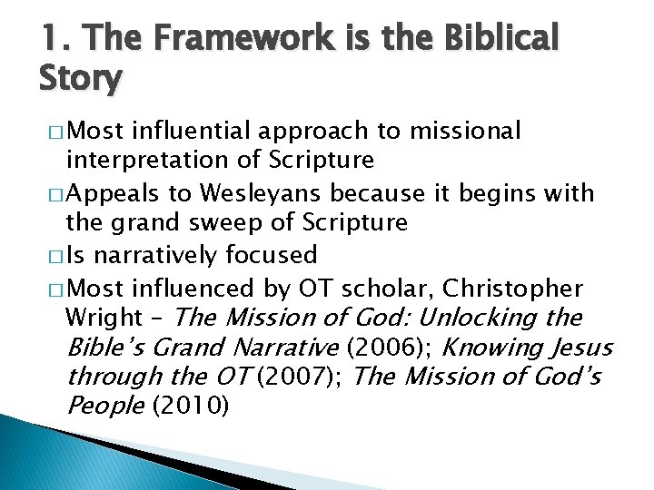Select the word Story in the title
(x=80, y=79)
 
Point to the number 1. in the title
(x=53, y=39)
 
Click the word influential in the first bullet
(x=193, y=132)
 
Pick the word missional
(x=465, y=132)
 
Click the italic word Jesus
(x=580, y=347)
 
